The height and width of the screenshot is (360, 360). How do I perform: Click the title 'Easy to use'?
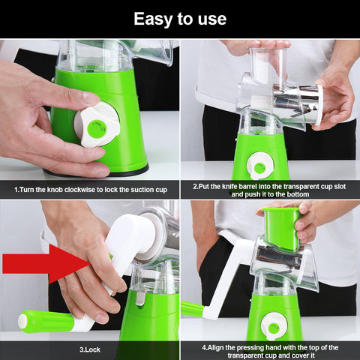point(179,18)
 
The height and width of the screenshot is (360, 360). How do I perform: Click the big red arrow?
point(45,262)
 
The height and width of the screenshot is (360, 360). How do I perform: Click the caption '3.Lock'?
point(89,349)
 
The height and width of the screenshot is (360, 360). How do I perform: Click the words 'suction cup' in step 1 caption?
point(147,189)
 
